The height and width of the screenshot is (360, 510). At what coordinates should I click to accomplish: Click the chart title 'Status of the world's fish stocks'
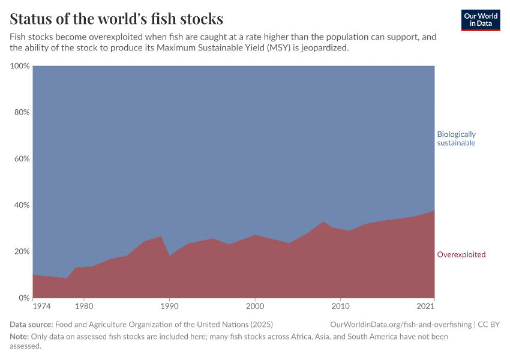tap(116, 18)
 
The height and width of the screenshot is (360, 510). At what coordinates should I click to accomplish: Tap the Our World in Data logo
tap(481, 20)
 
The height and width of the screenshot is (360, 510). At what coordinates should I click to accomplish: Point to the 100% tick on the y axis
tap(20, 66)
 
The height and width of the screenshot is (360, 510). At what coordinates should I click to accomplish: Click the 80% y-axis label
tap(22, 112)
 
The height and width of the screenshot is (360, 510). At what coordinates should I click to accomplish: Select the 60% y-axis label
tap(22, 159)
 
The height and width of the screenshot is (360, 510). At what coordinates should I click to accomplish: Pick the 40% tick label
tap(22, 205)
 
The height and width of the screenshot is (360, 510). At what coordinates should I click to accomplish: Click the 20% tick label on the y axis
tap(22, 251)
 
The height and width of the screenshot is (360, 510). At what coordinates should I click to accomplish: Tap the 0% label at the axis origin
tap(24, 298)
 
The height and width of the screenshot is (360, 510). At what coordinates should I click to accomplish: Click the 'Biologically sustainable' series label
tap(456, 139)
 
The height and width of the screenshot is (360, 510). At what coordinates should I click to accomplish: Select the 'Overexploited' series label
tap(461, 254)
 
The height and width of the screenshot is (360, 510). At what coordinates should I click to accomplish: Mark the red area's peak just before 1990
tap(161, 236)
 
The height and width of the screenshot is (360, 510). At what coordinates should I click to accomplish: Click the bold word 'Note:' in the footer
tap(20, 337)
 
